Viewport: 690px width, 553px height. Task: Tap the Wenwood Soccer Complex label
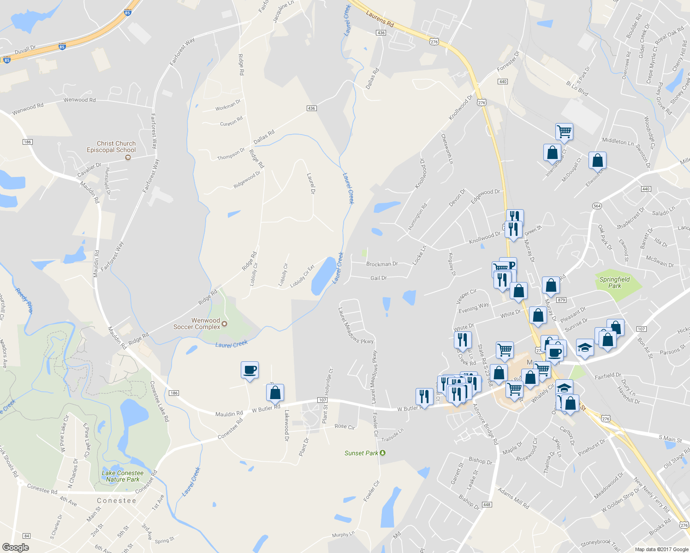pyautogui.click(x=197, y=324)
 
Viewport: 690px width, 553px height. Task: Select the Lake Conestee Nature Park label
pyautogui.click(x=122, y=476)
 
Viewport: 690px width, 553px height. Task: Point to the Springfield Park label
pyautogui.click(x=614, y=282)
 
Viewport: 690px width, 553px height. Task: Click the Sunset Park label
pyautogui.click(x=361, y=453)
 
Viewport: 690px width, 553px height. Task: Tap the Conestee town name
pyautogui.click(x=116, y=500)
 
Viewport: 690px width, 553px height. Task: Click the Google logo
pyautogui.click(x=15, y=547)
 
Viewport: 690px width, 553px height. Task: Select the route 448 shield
pyautogui.click(x=487, y=505)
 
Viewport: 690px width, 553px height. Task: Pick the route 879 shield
pyautogui.click(x=561, y=300)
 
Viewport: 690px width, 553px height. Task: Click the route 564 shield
pyautogui.click(x=597, y=206)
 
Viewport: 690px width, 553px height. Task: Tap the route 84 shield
pyautogui.click(x=27, y=535)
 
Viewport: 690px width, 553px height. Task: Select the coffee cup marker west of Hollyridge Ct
pyautogui.click(x=250, y=370)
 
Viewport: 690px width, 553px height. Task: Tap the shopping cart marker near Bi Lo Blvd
pyautogui.click(x=564, y=132)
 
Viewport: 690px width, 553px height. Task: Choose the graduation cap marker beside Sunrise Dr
pyautogui.click(x=585, y=347)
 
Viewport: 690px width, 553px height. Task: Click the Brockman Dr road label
pyautogui.click(x=382, y=264)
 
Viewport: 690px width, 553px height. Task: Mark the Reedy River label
pyautogui.click(x=24, y=300)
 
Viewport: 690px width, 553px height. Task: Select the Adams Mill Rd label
pyautogui.click(x=513, y=498)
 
